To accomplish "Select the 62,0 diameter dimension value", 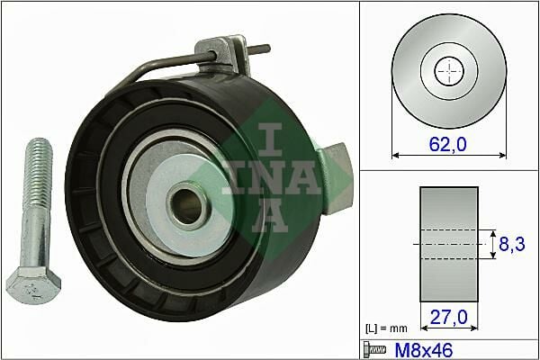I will [x=447, y=142].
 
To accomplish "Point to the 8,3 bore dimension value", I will [x=512, y=242].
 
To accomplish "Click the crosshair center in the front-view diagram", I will [x=447, y=70].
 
